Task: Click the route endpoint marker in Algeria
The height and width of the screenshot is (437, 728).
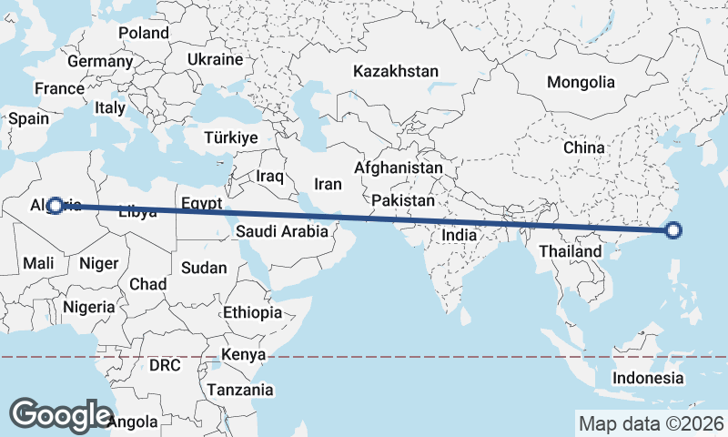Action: [56, 206]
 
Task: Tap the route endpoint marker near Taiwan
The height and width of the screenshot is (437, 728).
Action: [673, 230]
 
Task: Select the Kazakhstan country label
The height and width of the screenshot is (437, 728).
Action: [397, 71]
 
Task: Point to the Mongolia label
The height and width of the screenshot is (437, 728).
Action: [581, 82]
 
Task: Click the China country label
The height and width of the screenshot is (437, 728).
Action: [583, 147]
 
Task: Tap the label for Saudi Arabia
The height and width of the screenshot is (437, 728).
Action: [281, 231]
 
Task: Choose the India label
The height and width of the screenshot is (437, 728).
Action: [460, 235]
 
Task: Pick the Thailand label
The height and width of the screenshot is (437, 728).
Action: [571, 251]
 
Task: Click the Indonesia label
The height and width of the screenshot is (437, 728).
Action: [647, 378]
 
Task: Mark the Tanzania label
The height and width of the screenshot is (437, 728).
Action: [240, 390]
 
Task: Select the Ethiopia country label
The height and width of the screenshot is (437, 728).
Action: [252, 312]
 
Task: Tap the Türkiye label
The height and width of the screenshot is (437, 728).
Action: [232, 137]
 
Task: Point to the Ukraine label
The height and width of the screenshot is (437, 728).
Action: [216, 59]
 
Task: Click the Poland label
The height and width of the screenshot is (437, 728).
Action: [144, 33]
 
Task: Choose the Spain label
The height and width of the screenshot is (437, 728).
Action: [28, 118]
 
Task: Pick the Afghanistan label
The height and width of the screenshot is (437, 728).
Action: [399, 168]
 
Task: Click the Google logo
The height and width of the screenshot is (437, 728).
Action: [61, 414]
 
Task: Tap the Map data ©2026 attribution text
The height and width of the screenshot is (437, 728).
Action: [651, 423]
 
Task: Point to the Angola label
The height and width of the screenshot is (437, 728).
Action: [132, 422]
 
